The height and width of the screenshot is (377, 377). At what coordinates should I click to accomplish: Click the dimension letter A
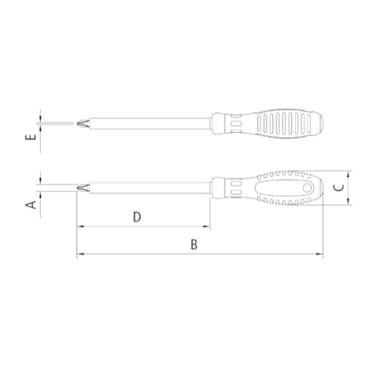tap(30, 204)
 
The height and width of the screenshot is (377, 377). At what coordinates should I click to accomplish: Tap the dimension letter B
tap(194, 244)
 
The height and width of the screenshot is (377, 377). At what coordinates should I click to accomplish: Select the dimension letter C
tap(338, 188)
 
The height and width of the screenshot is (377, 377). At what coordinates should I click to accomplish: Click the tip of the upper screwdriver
tap(77, 124)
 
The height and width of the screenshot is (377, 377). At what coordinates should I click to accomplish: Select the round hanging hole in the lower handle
tap(307, 189)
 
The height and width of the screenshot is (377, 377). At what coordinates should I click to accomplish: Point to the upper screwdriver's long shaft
tap(148, 124)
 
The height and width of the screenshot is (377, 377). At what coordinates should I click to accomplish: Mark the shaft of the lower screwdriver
tap(148, 188)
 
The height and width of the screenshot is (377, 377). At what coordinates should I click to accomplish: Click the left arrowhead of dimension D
tap(80, 227)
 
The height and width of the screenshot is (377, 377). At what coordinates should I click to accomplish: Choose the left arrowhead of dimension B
tap(80, 255)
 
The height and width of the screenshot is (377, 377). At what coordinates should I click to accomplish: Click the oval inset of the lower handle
tap(283, 189)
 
